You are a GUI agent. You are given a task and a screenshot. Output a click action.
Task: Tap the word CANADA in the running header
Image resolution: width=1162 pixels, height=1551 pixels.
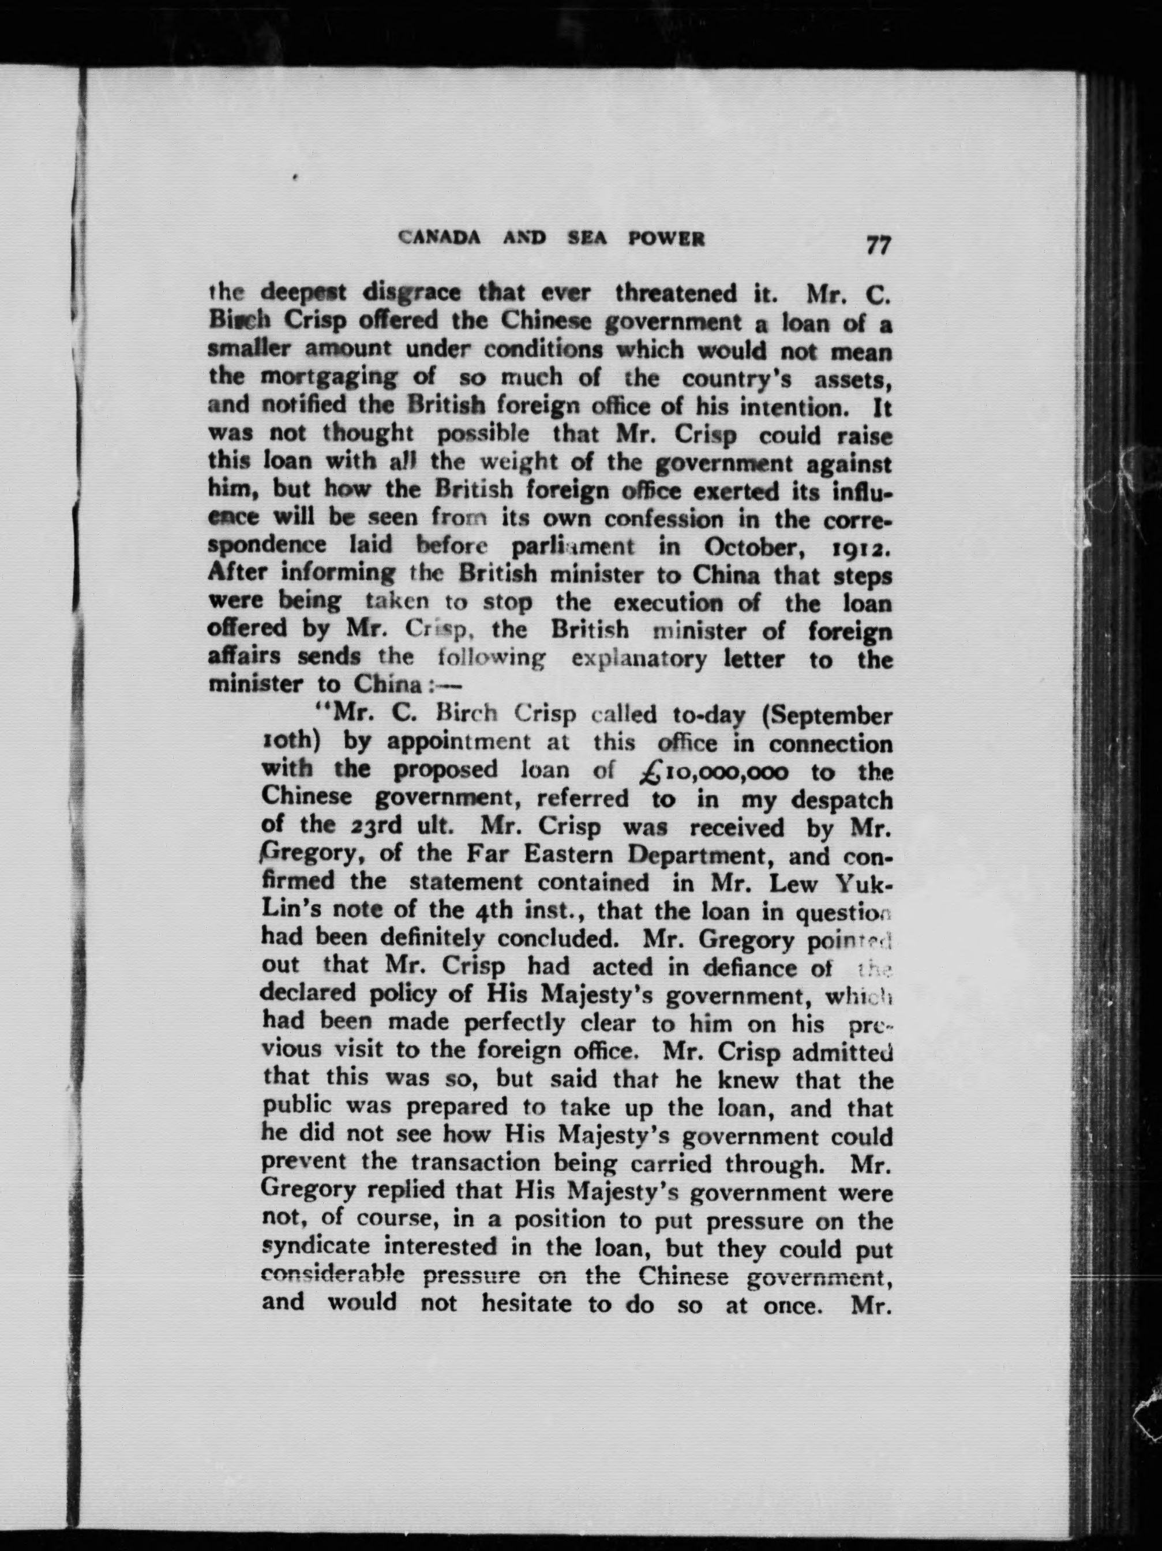point(440,238)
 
